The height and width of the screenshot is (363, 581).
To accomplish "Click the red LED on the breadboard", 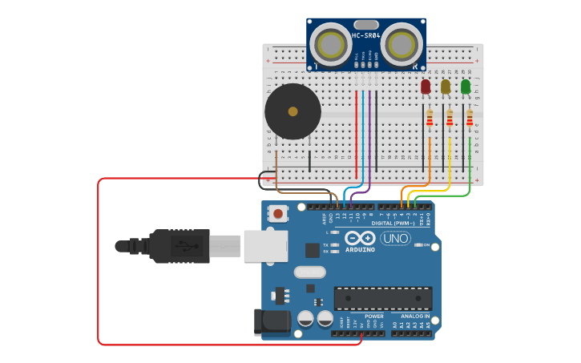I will tap(426, 87).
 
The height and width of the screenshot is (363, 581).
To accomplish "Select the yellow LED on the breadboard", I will tap(446, 87).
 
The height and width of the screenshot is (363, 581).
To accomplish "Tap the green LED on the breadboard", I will tap(466, 87).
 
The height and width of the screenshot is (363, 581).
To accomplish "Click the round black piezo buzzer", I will tap(293, 111).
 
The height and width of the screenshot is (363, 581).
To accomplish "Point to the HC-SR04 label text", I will tap(366, 35).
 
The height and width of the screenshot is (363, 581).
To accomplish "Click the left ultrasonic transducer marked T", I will tap(329, 40).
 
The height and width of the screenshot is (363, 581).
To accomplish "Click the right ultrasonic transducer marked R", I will tap(401, 40).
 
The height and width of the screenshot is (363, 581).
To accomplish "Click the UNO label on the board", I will tap(395, 239).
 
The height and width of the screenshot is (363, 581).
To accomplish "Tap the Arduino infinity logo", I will tap(361, 238).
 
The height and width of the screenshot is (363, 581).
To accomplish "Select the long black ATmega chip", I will tap(382, 298).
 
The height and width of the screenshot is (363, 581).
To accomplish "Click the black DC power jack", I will tap(272, 321).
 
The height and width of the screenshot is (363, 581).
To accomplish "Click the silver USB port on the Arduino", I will tap(265, 246).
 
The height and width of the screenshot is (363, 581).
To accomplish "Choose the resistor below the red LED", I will tap(430, 119).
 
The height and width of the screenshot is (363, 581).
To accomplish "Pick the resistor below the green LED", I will tap(470, 119).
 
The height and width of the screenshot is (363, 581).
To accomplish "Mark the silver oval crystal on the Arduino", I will tap(309, 272).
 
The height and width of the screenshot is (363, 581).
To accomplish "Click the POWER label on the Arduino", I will tap(373, 317).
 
